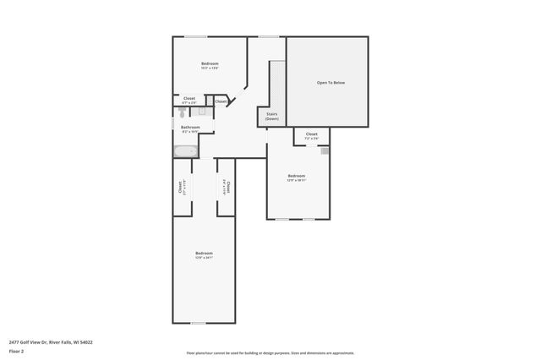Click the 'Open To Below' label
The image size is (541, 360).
331,83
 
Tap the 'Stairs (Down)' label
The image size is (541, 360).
271,116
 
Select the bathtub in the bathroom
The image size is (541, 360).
185,152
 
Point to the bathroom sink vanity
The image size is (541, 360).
201,112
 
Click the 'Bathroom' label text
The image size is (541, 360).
190,128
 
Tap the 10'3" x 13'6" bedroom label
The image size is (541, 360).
210,66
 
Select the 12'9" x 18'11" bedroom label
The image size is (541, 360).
297,178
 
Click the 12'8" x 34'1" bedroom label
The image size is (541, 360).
204,255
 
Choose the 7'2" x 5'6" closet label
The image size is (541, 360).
312,135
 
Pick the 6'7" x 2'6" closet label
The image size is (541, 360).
189,100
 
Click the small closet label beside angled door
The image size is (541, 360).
220,101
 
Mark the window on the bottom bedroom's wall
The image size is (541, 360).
198,323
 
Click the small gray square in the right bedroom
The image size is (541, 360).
324,150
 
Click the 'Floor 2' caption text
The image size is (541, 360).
16,350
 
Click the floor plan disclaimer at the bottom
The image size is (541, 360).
270,353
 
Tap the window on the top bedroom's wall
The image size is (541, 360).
196,36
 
